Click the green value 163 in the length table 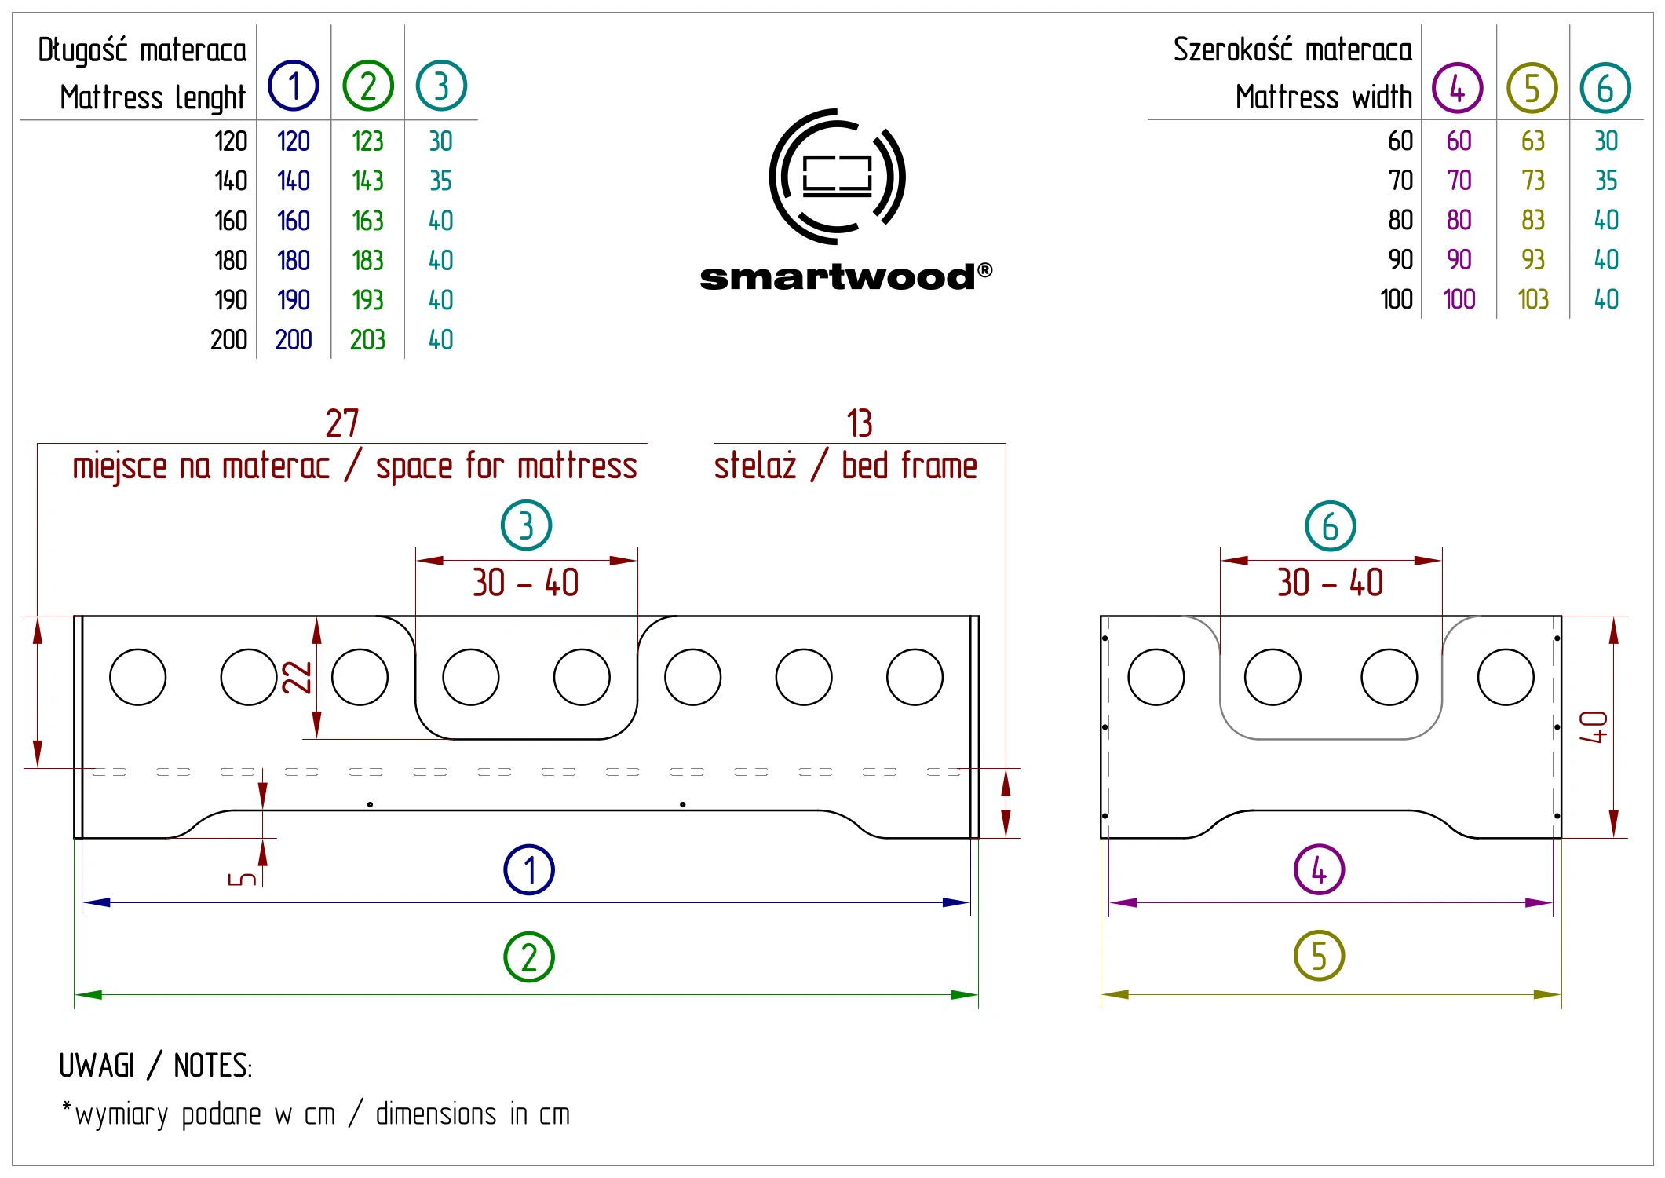tap(367, 221)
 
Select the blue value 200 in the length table tap(294, 340)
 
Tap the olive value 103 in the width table tap(1533, 299)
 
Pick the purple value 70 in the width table tap(1459, 181)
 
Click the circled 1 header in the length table tap(294, 86)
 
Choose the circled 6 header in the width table tap(1605, 88)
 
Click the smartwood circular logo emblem tap(837, 177)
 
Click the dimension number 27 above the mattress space tap(342, 423)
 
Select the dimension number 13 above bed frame tap(860, 423)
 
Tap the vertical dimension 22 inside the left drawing tap(298, 677)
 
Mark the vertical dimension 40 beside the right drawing tap(1594, 727)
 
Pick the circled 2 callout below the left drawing tap(529, 957)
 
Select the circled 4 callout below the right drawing tap(1319, 870)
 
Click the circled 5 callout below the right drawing tap(1319, 956)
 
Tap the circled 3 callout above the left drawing tap(526, 525)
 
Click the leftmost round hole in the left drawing tap(138, 677)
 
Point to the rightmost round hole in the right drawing tap(1506, 677)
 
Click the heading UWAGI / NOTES tap(155, 1066)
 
